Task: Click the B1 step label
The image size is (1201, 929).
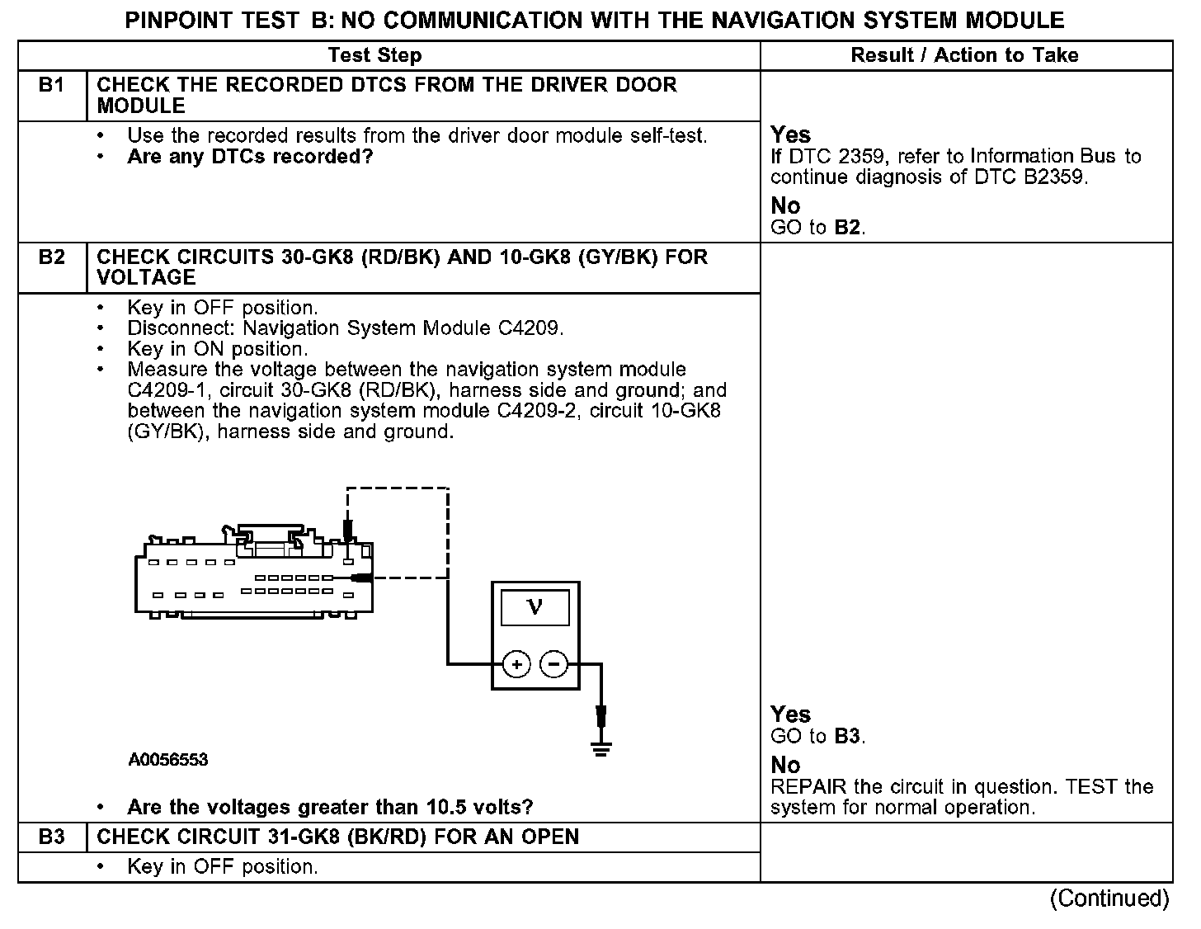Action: (x=51, y=85)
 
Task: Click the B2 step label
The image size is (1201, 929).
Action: (x=51, y=257)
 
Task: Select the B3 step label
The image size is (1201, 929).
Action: (x=51, y=837)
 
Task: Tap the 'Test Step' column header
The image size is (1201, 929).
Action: (x=374, y=55)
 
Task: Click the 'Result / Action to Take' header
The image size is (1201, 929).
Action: (x=964, y=55)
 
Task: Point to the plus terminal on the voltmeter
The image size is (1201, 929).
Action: (x=516, y=664)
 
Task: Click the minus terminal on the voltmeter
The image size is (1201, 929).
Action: (x=554, y=664)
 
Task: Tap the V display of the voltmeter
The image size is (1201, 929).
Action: (x=535, y=608)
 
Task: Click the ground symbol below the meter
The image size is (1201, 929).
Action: (x=602, y=749)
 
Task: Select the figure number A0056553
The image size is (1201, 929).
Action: (x=168, y=760)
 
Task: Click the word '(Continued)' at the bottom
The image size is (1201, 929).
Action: (x=1109, y=898)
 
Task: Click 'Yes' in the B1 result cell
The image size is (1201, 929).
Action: (x=790, y=134)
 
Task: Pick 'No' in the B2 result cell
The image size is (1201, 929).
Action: (x=785, y=765)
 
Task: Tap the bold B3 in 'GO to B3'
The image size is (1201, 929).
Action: (x=847, y=736)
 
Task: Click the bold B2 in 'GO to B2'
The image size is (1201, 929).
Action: (x=847, y=228)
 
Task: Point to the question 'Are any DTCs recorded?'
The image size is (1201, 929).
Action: (x=250, y=157)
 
